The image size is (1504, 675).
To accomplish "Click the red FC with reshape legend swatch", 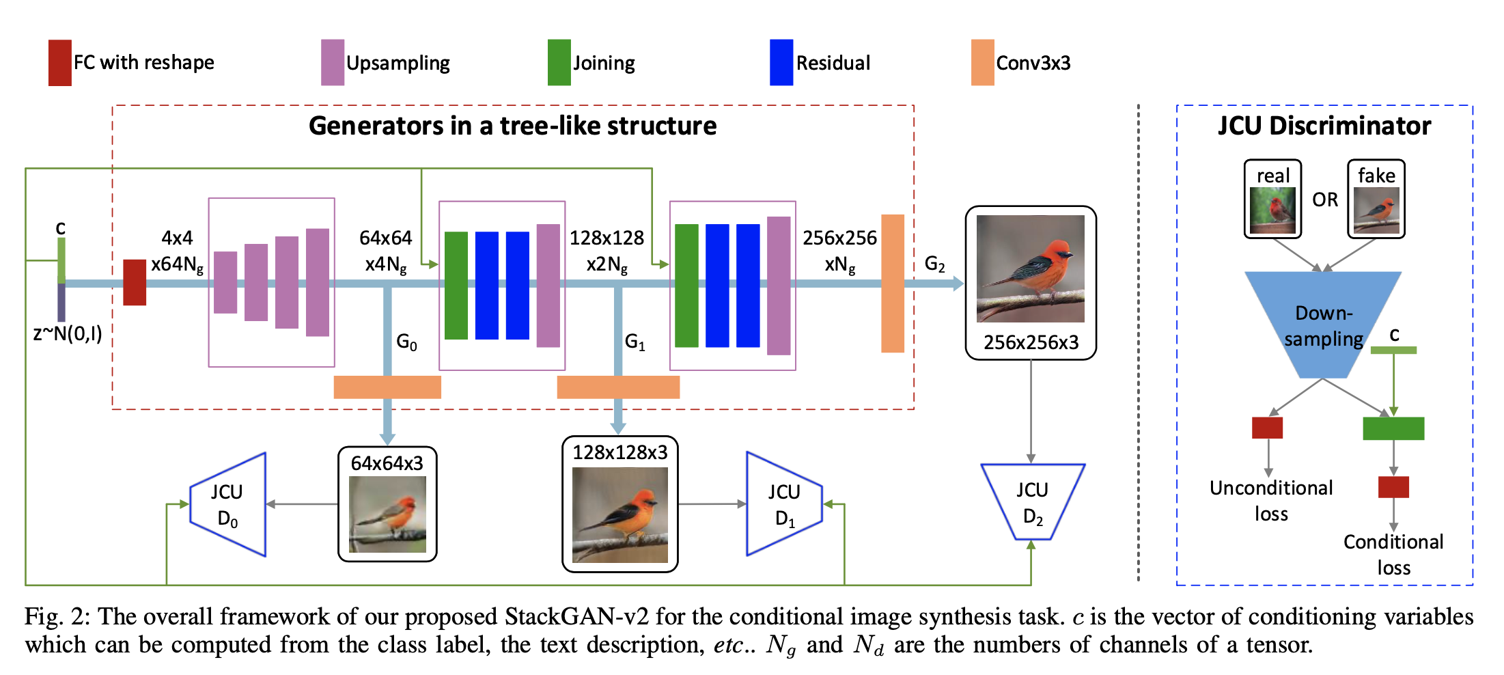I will pyautogui.click(x=60, y=63).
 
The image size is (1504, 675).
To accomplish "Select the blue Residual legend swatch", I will pyautogui.click(x=781, y=63).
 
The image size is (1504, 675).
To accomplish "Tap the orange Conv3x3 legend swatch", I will pyautogui.click(x=982, y=63).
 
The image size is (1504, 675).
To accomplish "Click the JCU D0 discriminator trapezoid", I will pyautogui.click(x=228, y=505).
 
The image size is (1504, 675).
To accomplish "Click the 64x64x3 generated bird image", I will pyautogui.click(x=387, y=514).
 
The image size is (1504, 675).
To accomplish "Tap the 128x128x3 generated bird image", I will pyautogui.click(x=620, y=514).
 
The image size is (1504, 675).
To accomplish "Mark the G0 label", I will pyautogui.click(x=406, y=342).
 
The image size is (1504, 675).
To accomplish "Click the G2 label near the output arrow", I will pyautogui.click(x=934, y=264).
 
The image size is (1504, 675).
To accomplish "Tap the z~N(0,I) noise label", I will pyautogui.click(x=67, y=334).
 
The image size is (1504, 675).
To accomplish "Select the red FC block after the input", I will pyautogui.click(x=135, y=282).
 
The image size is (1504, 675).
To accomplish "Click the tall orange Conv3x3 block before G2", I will pyautogui.click(x=893, y=284).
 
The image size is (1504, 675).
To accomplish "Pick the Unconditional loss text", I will pyautogui.click(x=1270, y=500).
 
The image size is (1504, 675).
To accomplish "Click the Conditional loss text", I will pyautogui.click(x=1393, y=554).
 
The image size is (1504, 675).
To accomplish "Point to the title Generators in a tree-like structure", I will pyautogui.click(x=512, y=126).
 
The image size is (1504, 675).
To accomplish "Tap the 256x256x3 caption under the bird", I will pyautogui.click(x=1031, y=342).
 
